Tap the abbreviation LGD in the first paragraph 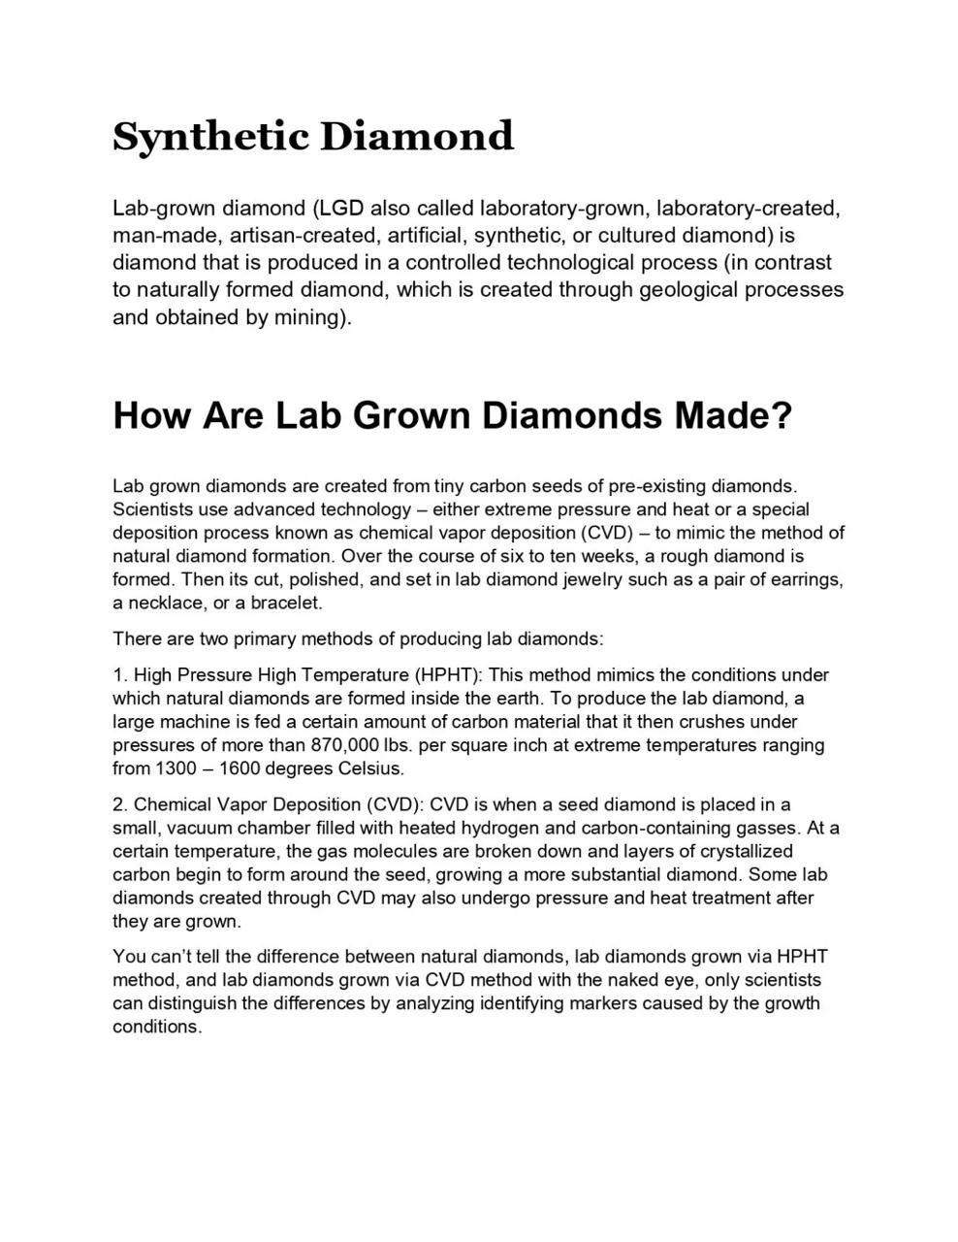(x=341, y=209)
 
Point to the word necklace (x=166, y=603)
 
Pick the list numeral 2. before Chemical (x=120, y=804)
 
